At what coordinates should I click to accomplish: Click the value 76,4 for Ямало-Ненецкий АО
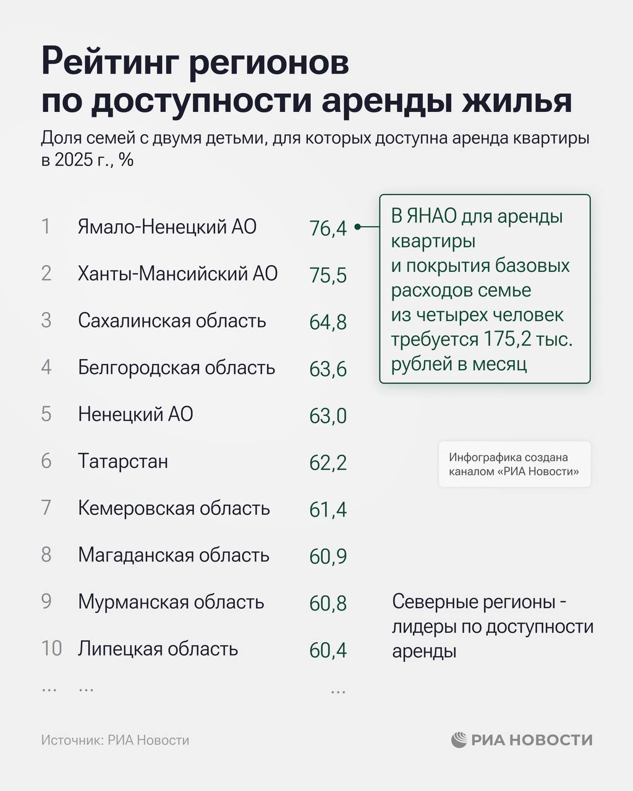click(x=328, y=229)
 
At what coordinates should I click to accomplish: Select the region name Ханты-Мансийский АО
click(x=177, y=274)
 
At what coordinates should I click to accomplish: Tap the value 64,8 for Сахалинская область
click(x=328, y=323)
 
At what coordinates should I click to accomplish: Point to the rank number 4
click(x=46, y=368)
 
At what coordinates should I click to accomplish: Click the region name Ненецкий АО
click(x=135, y=415)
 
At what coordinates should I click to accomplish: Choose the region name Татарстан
click(x=123, y=462)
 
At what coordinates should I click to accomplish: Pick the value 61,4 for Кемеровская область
click(x=328, y=510)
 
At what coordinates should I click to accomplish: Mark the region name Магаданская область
click(x=174, y=555)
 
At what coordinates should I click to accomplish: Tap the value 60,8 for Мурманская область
click(x=328, y=604)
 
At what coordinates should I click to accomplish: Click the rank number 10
click(x=52, y=649)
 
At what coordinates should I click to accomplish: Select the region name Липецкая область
click(x=158, y=649)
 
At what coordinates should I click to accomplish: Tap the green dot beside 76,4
click(x=358, y=227)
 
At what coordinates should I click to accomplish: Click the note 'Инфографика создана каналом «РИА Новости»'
click(x=514, y=465)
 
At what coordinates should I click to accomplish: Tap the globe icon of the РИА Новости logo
click(x=459, y=740)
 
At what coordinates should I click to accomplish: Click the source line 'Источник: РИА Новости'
click(x=115, y=740)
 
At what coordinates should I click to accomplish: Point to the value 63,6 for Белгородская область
click(x=328, y=370)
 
